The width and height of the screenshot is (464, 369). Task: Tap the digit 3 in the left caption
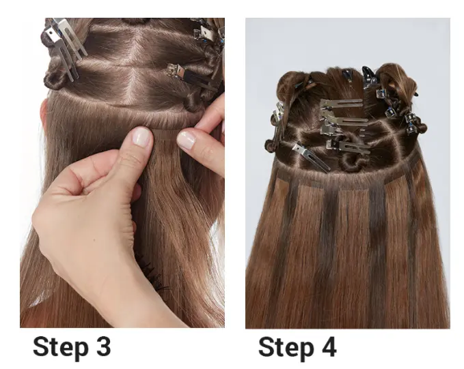click(103, 346)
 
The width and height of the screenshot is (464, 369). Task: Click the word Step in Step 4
click(286, 349)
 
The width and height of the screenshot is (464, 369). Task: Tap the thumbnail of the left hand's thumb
click(141, 136)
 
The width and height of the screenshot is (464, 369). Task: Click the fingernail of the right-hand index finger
click(186, 139)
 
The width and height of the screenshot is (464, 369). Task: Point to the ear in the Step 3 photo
click(44, 113)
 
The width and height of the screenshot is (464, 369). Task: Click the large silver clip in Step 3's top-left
click(65, 44)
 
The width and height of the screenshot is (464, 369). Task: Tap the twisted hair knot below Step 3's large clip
click(55, 78)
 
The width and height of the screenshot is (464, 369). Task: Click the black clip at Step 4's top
click(369, 77)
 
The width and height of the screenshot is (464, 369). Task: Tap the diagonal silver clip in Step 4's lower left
click(311, 157)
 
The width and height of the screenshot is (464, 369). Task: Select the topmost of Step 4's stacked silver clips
click(341, 104)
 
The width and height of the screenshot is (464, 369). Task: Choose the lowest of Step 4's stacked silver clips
click(348, 146)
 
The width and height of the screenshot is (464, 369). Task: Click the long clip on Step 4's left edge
click(278, 126)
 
